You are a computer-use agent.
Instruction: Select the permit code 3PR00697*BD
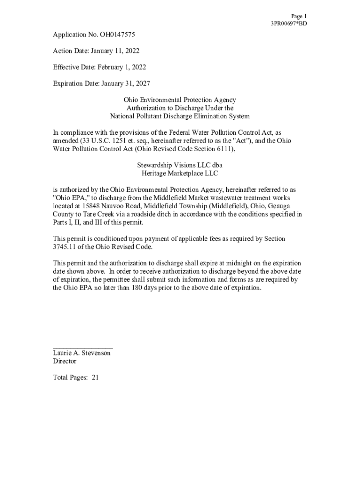click(x=289, y=23)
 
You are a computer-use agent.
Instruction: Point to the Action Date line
click(x=96, y=51)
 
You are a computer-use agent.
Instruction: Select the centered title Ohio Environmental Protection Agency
click(x=180, y=100)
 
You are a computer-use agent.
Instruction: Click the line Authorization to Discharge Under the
click(x=180, y=108)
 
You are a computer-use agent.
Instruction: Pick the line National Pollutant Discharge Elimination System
click(x=180, y=116)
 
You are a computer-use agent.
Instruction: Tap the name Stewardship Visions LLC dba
click(x=180, y=165)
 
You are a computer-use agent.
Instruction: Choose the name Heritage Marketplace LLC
click(x=180, y=174)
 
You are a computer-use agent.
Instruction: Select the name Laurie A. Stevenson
click(x=82, y=353)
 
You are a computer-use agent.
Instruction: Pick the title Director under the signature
click(x=65, y=361)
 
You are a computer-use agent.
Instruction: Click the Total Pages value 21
click(x=95, y=377)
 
